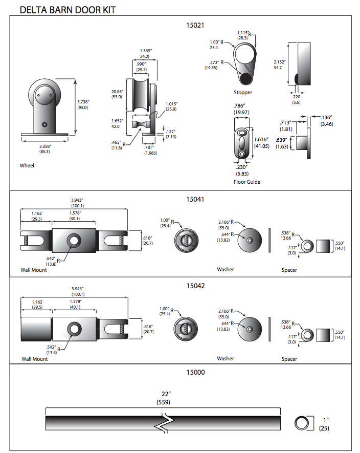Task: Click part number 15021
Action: (196, 24)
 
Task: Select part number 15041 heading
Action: (196, 199)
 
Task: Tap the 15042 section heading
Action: (196, 286)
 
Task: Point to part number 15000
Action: (196, 372)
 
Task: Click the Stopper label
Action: (243, 93)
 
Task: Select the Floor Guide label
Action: (246, 182)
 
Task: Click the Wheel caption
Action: (27, 165)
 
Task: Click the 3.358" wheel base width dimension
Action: (48, 146)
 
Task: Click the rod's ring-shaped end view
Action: (302, 423)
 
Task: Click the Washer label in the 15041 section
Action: (226, 269)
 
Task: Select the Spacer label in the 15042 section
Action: (289, 359)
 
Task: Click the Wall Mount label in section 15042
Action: (35, 359)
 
